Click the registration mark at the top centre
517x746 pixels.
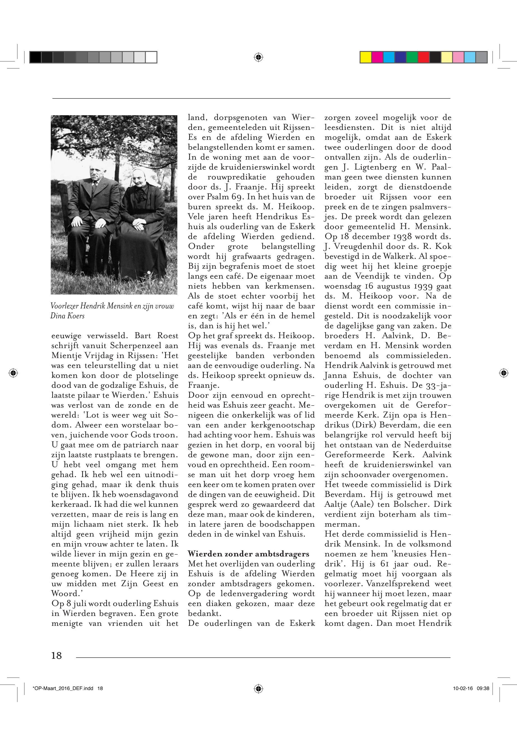[x=258, y=57]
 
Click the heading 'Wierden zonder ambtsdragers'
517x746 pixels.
[x=249, y=554]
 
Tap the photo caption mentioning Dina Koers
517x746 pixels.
[x=112, y=310]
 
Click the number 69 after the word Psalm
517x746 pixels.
[x=221, y=197]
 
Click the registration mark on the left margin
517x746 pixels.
[x=13, y=373]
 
